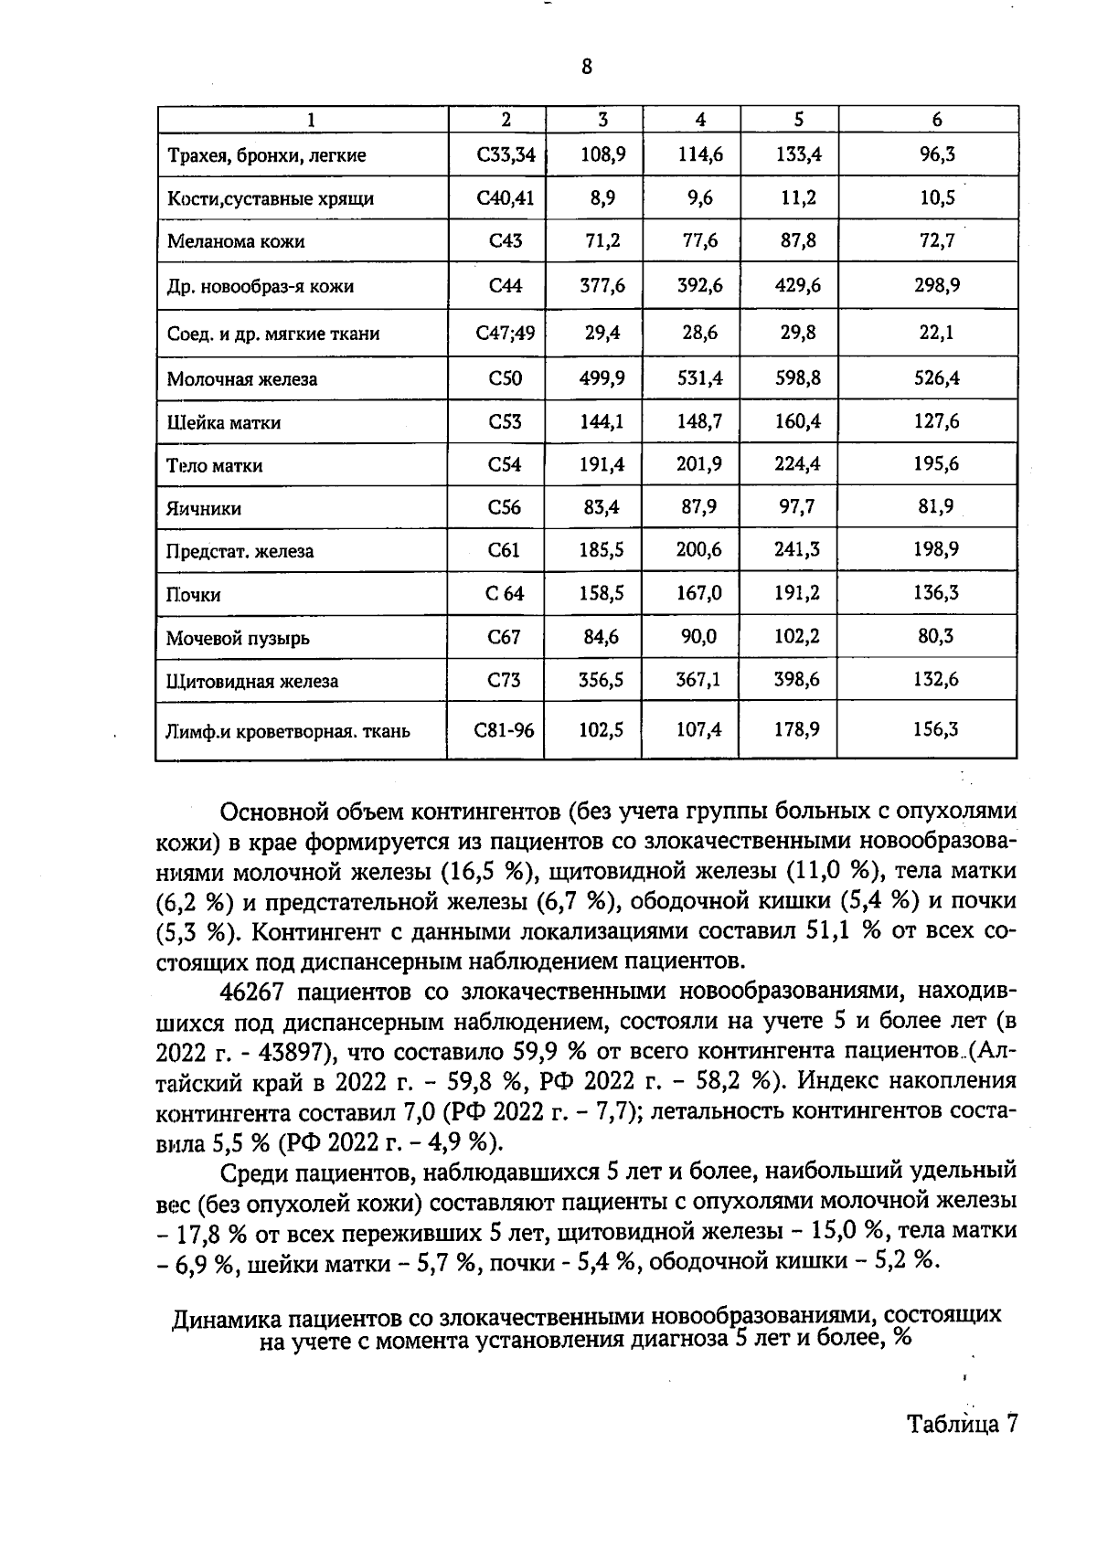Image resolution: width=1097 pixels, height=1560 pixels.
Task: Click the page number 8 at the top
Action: tap(586, 67)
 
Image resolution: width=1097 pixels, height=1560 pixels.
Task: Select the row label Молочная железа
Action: tap(242, 379)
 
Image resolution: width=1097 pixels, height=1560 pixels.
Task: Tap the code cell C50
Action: tap(505, 377)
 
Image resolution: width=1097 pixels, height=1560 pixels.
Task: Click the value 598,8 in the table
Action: tap(798, 377)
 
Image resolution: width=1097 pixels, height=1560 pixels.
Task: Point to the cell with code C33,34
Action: tap(505, 154)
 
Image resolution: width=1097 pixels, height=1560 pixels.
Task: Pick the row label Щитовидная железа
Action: tap(252, 682)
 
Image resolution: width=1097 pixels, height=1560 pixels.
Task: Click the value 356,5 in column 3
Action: tap(602, 680)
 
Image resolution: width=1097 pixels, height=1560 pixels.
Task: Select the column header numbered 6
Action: tap(936, 120)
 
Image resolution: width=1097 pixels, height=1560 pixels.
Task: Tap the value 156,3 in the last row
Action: tap(936, 729)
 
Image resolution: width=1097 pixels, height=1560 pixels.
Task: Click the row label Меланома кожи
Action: tap(236, 242)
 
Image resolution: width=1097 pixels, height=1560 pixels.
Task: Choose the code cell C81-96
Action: tap(505, 730)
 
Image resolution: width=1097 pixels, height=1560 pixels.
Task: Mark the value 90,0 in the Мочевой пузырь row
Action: tap(701, 636)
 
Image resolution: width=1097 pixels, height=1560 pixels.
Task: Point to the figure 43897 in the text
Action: tap(293, 1051)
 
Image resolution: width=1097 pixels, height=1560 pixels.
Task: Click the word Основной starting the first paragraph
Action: tap(275, 812)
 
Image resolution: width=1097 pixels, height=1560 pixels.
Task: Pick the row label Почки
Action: tap(194, 595)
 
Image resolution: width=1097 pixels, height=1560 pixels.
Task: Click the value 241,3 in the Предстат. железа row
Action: tap(798, 549)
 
